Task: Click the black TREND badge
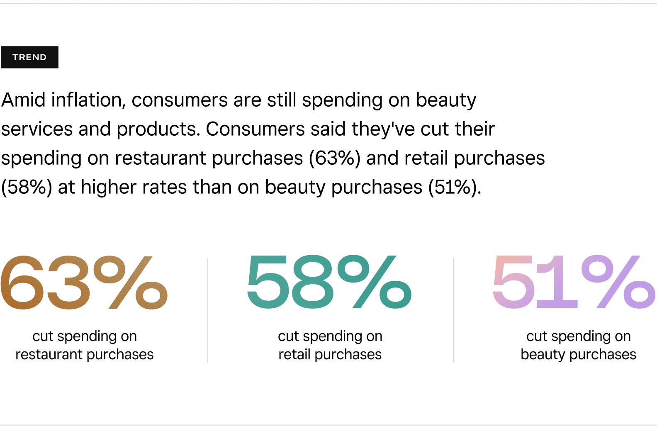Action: tap(29, 57)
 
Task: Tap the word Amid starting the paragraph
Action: tap(23, 100)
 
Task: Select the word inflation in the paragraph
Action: tap(88, 100)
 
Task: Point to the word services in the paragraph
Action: tap(37, 129)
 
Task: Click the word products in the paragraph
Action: tap(158, 129)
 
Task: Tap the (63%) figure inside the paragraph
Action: tap(335, 158)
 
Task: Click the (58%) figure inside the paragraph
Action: tap(27, 187)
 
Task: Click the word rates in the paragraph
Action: tap(165, 187)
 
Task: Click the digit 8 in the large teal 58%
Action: tap(312, 282)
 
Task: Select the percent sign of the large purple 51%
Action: tap(618, 282)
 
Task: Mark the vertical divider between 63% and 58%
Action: tap(208, 310)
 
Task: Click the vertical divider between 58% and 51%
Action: tap(453, 310)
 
